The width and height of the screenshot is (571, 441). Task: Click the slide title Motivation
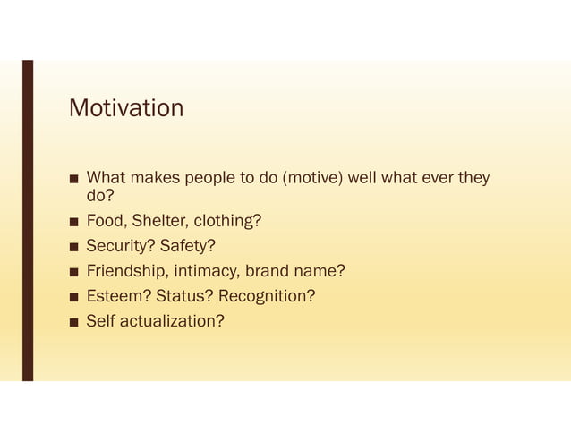[x=126, y=109]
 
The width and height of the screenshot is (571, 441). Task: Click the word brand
[x=268, y=271]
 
